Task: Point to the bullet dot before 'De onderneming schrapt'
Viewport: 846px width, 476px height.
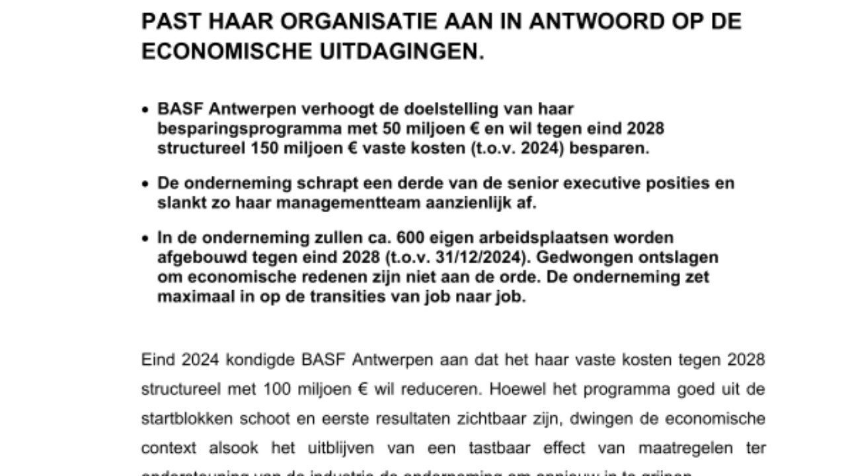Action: coord(146,184)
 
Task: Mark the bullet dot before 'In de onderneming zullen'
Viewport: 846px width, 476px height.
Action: coord(146,239)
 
